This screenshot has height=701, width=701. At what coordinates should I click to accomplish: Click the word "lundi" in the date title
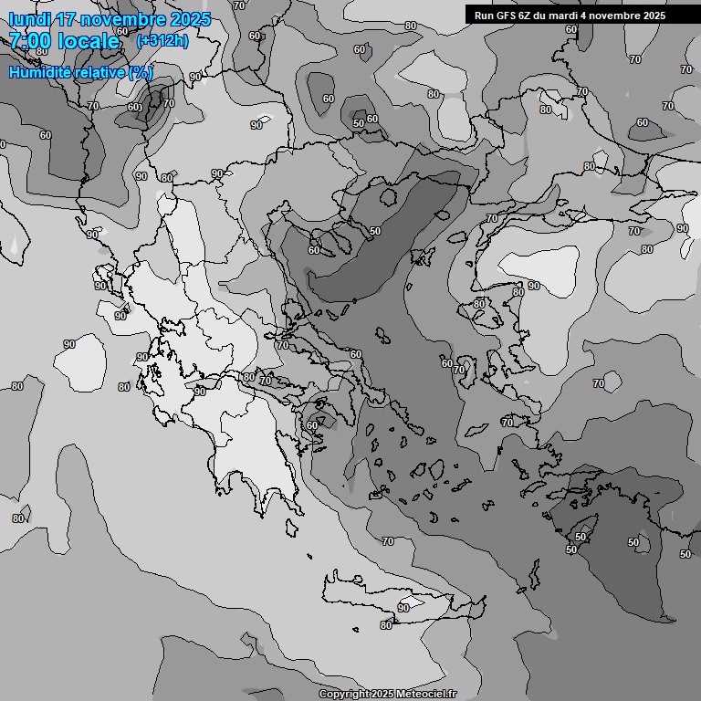point(30,19)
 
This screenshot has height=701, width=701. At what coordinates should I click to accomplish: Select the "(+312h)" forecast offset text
point(162,41)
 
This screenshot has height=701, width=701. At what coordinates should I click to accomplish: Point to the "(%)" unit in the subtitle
point(141,72)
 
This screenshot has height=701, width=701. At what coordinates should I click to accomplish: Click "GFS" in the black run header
point(507,16)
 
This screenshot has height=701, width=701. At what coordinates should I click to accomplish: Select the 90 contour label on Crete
point(403,608)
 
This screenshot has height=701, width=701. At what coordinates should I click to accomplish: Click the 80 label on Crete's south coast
point(386,625)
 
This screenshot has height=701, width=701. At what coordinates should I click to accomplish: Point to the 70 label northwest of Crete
point(388,542)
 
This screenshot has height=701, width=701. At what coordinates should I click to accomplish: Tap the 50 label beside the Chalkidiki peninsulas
point(375,232)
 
